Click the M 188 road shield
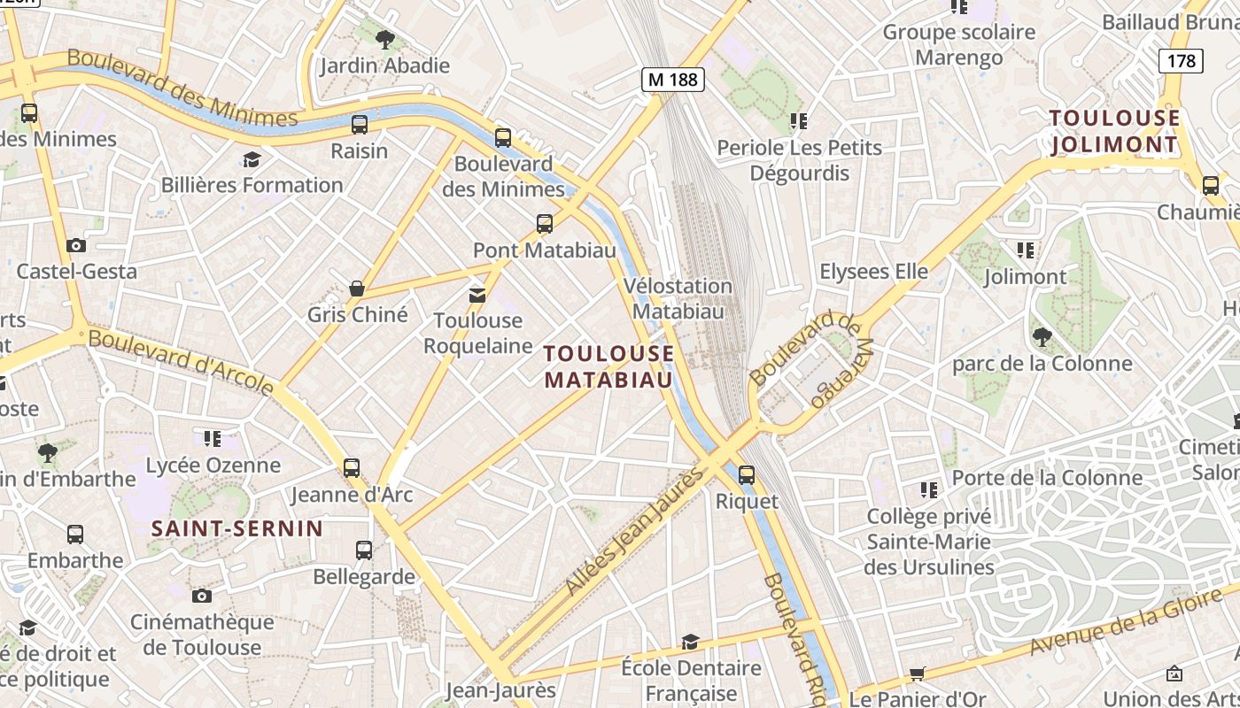pyautogui.click(x=672, y=80)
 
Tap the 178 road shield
pyautogui.click(x=1182, y=61)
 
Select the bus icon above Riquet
pyautogui.click(x=747, y=475)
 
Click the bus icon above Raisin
pyautogui.click(x=360, y=125)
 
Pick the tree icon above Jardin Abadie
pyautogui.click(x=384, y=40)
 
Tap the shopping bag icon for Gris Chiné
pyautogui.click(x=357, y=289)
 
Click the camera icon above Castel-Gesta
pyautogui.click(x=76, y=245)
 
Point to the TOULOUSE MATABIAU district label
pyautogui.click(x=608, y=366)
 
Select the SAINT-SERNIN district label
pyautogui.click(x=236, y=529)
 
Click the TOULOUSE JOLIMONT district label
pyautogui.click(x=1114, y=131)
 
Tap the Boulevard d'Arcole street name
pyautogui.click(x=182, y=362)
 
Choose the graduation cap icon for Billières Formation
pyautogui.click(x=252, y=159)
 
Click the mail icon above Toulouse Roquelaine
pyautogui.click(x=477, y=295)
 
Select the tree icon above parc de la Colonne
pyautogui.click(x=1042, y=337)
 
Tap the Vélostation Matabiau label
pyautogui.click(x=678, y=298)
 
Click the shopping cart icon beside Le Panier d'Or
pyautogui.click(x=918, y=674)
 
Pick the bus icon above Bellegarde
pyautogui.click(x=364, y=550)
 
